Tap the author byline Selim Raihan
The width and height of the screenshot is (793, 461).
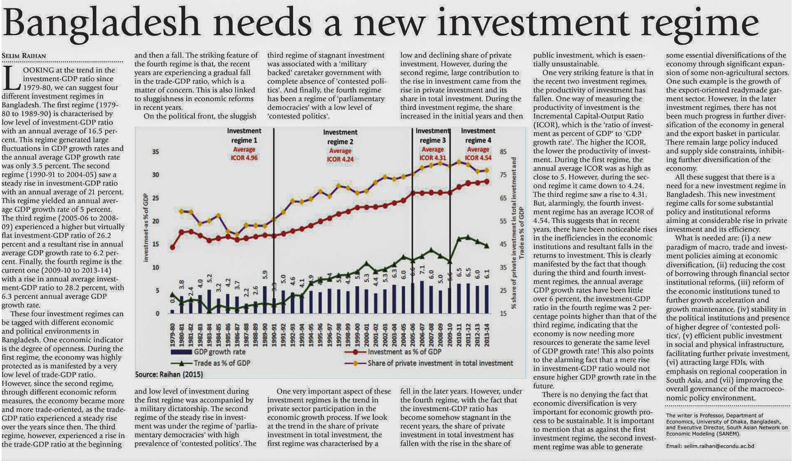24,56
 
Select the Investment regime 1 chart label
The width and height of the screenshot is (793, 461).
244,136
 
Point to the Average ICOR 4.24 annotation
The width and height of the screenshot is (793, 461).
340,155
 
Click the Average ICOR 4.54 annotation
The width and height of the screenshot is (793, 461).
478,154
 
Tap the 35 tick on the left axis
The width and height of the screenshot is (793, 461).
156,152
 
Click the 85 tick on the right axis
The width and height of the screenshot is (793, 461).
503,152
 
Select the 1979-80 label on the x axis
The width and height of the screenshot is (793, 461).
172,335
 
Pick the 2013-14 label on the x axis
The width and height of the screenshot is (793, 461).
487,335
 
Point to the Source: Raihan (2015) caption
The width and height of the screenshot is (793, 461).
169,375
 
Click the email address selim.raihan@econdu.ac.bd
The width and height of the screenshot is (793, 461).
719,446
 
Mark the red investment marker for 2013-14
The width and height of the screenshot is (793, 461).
487,182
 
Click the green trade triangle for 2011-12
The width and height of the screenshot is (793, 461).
468,237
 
